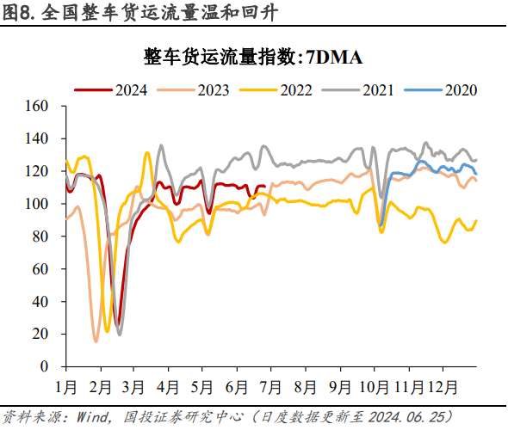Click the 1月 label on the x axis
[68, 383]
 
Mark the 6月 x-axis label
[239, 383]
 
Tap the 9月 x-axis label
[340, 383]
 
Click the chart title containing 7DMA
[254, 58]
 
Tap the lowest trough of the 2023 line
[96, 341]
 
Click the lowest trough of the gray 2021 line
[120, 334]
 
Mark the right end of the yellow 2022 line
[476, 221]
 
